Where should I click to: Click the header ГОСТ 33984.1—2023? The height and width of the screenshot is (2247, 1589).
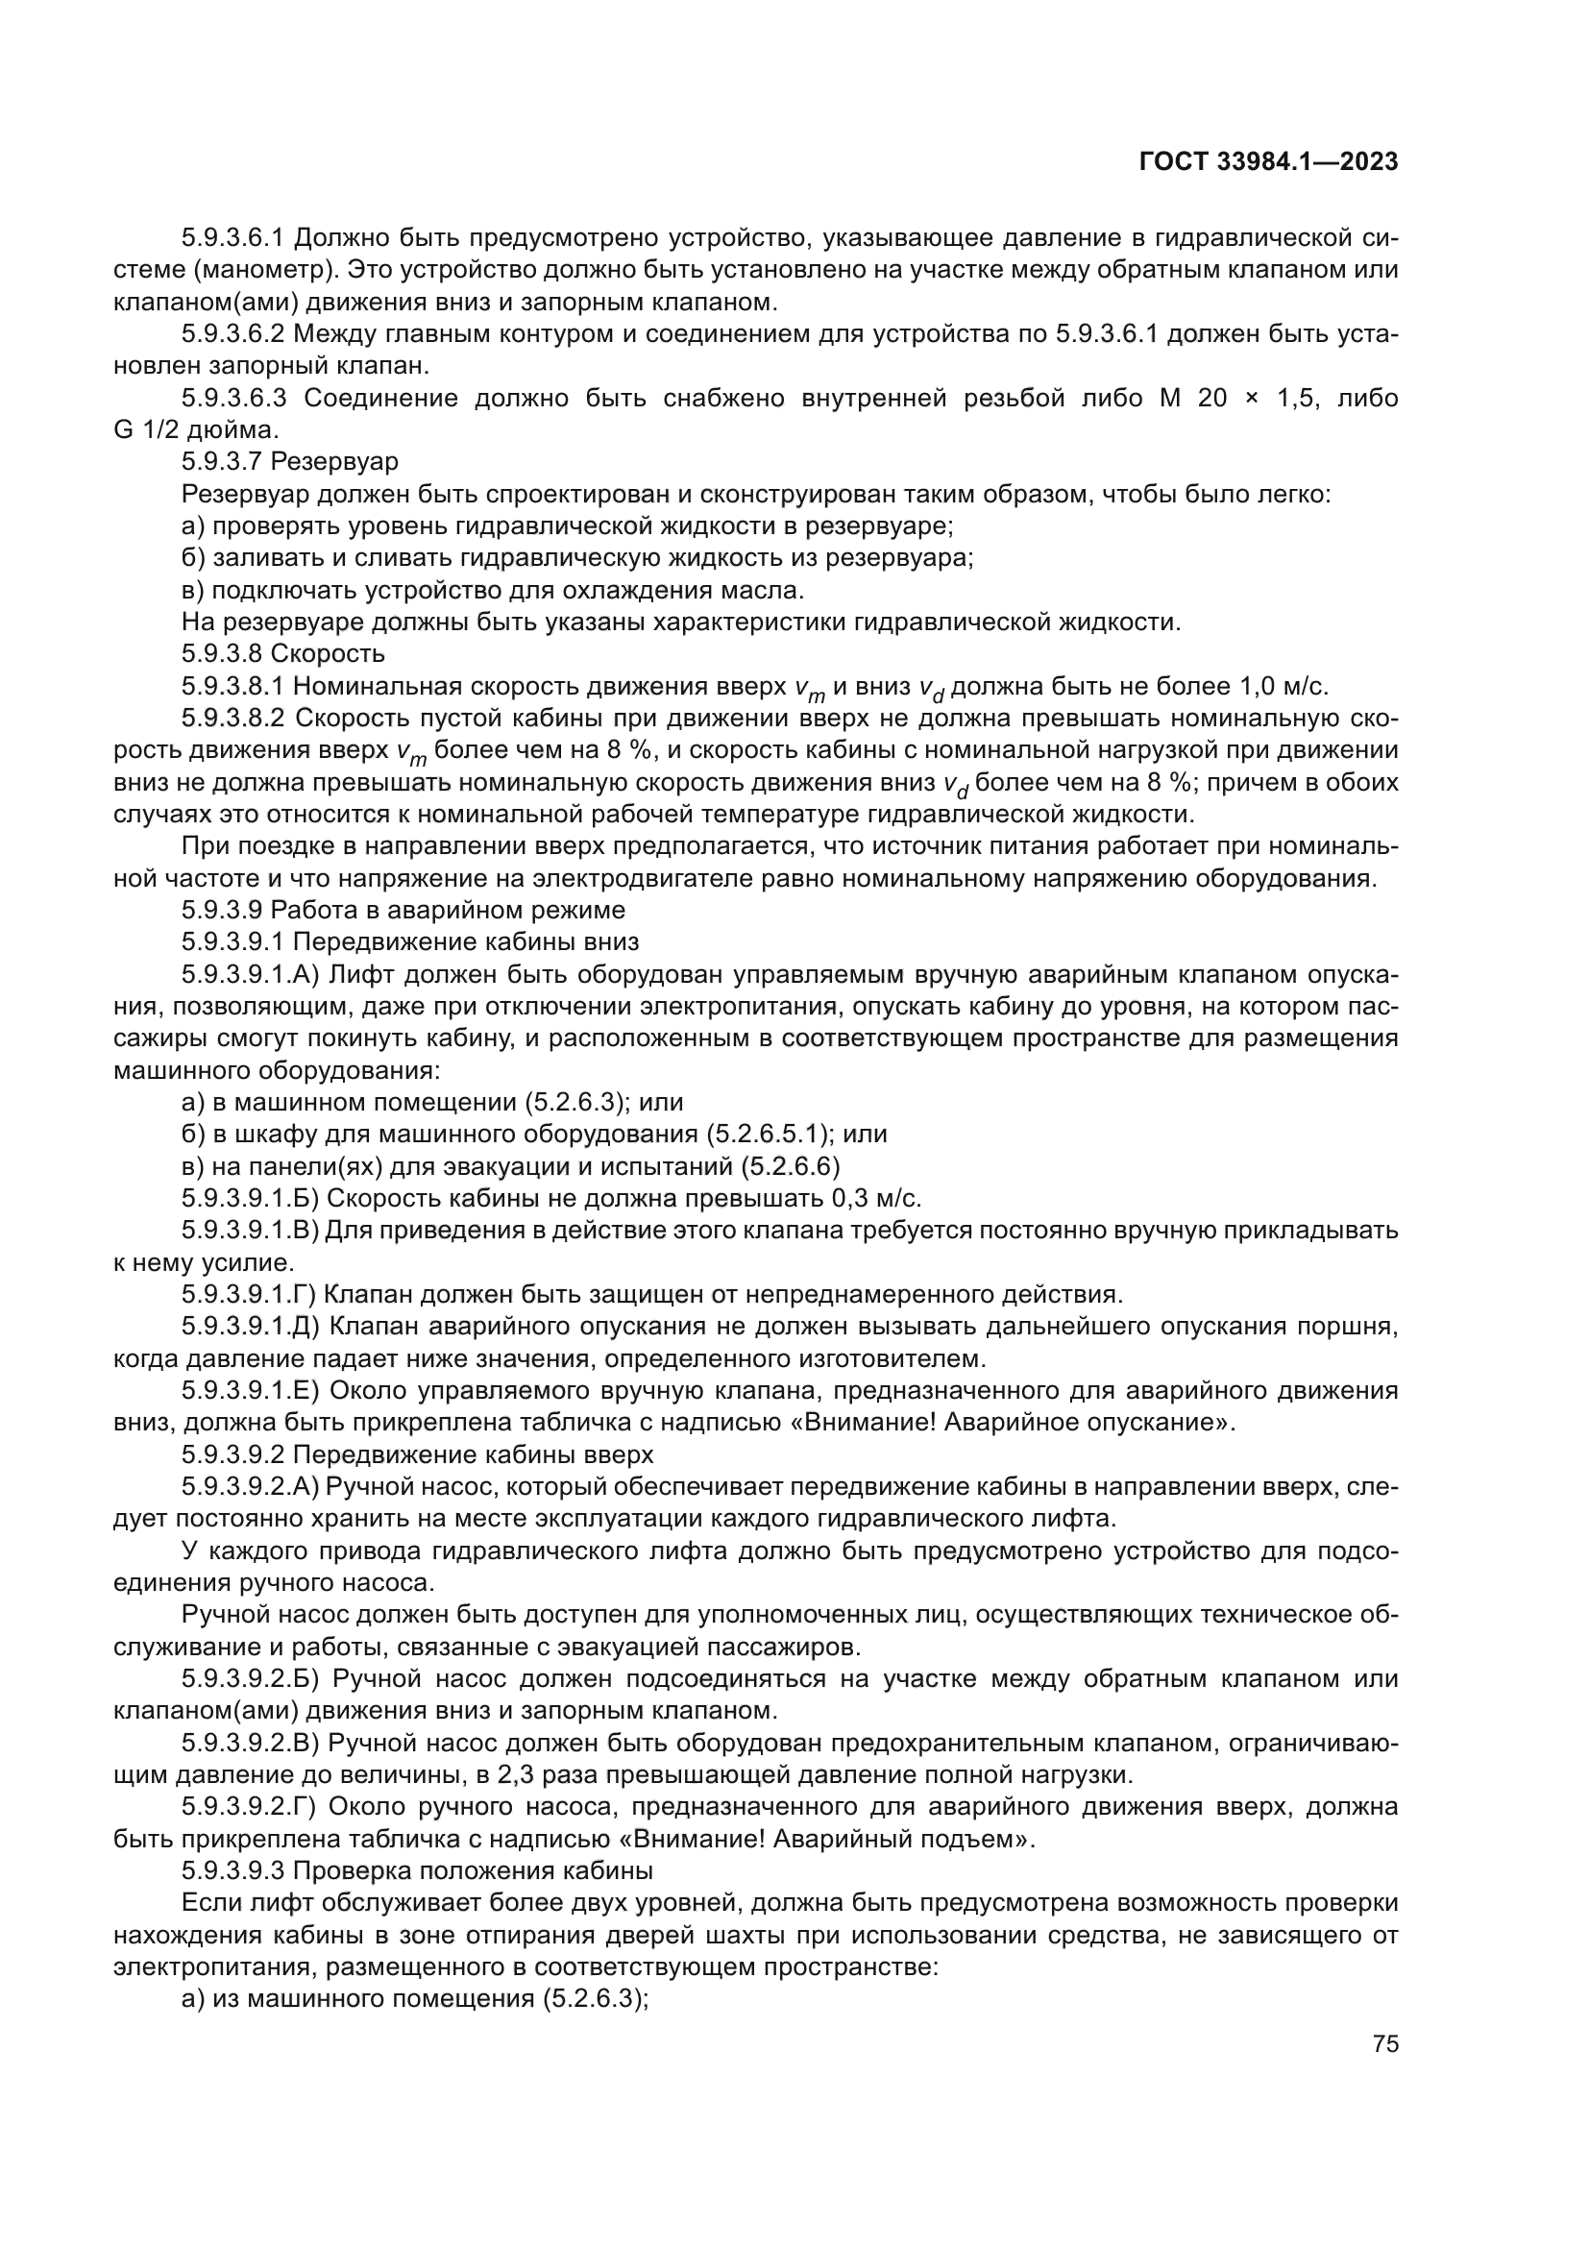click(x=1268, y=162)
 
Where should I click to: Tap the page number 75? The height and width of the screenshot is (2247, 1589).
click(x=1384, y=2043)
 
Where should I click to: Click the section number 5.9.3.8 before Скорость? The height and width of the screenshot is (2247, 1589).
click(x=223, y=652)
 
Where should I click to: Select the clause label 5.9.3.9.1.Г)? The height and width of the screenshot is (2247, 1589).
click(x=249, y=1295)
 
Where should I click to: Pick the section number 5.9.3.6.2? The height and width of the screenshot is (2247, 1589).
click(x=232, y=333)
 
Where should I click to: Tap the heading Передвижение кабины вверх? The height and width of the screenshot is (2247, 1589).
click(x=474, y=1454)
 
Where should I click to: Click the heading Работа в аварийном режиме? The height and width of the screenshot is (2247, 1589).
click(x=448, y=909)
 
